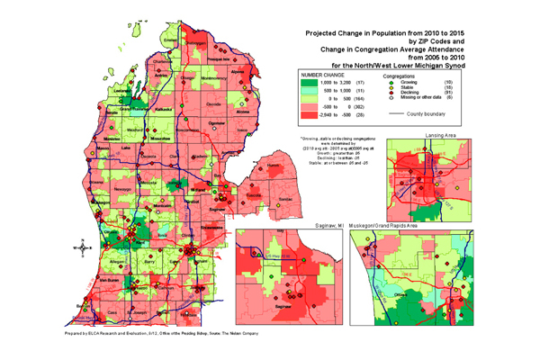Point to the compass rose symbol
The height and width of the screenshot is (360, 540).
79,247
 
